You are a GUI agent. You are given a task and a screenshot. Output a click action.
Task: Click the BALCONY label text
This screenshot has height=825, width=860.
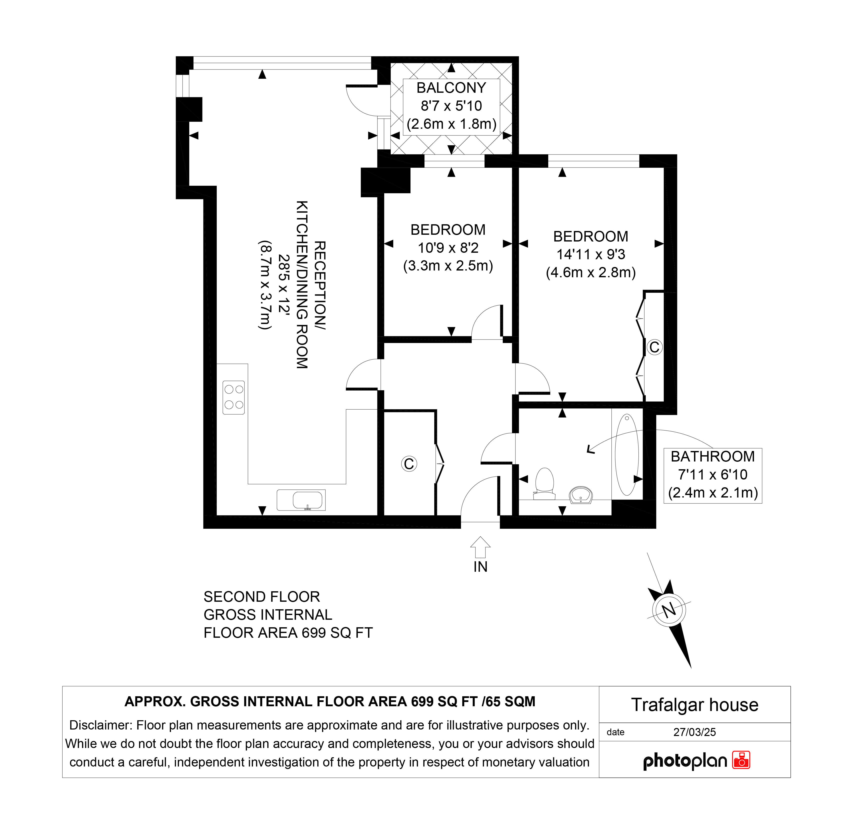pyautogui.click(x=451, y=88)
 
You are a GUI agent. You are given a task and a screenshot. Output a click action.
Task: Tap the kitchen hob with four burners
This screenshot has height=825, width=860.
pyautogui.click(x=234, y=397)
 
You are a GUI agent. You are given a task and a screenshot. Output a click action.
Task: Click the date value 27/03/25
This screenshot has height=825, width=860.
pyautogui.click(x=694, y=732)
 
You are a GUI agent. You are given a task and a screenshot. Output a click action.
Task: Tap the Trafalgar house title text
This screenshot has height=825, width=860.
pyautogui.click(x=694, y=705)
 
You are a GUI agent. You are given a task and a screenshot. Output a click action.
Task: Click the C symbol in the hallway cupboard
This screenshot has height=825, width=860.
pyautogui.click(x=409, y=464)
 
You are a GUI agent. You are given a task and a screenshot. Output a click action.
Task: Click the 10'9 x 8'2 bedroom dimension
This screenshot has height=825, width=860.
pyautogui.click(x=448, y=248)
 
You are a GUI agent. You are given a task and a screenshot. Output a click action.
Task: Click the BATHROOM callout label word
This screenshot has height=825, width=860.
pyautogui.click(x=712, y=456)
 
